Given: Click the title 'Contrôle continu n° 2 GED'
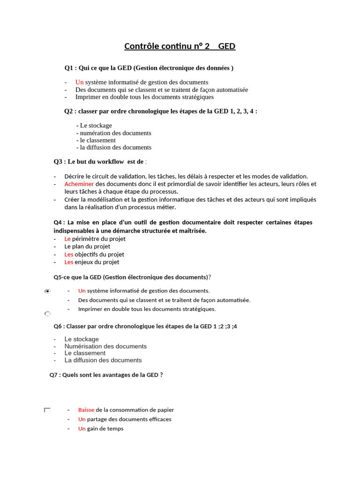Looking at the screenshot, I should pos(180,46).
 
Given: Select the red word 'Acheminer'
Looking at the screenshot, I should pos(79,184).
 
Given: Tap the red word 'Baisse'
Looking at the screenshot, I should pos(86,410).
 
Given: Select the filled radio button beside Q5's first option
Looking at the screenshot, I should pos(47,292).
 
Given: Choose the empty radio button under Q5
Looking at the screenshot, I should pos(47,313).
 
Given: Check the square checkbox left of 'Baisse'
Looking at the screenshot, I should pos(47,410).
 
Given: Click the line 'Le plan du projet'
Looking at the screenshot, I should pos(87,247).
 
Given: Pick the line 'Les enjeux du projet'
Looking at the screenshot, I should pos(91,262).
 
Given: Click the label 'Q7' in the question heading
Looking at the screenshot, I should pos(54,375).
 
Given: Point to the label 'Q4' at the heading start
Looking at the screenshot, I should pos(59,222).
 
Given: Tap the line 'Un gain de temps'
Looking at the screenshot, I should pos(101,428).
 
